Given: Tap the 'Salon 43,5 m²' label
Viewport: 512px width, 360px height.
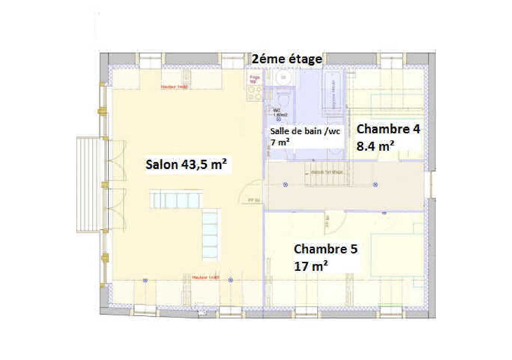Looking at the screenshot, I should [186, 165].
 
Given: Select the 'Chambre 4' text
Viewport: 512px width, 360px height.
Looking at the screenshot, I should [388, 129].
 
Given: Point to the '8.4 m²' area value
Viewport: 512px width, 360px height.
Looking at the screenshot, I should [375, 146].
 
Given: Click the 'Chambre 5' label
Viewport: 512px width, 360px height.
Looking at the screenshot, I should [325, 249].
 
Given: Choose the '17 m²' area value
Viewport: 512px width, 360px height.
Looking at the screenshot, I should [311, 266].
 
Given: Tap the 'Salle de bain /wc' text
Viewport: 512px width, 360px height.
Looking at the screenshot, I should [305, 131].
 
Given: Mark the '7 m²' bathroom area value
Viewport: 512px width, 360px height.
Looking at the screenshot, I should [280, 142].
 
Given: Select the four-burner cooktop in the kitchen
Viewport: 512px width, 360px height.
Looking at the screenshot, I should [255, 93].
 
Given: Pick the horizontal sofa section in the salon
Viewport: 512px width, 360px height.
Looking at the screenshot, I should [176, 199].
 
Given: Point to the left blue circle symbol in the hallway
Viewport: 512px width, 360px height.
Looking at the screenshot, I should [285, 185].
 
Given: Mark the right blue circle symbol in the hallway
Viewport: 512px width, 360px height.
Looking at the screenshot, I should [375, 185].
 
